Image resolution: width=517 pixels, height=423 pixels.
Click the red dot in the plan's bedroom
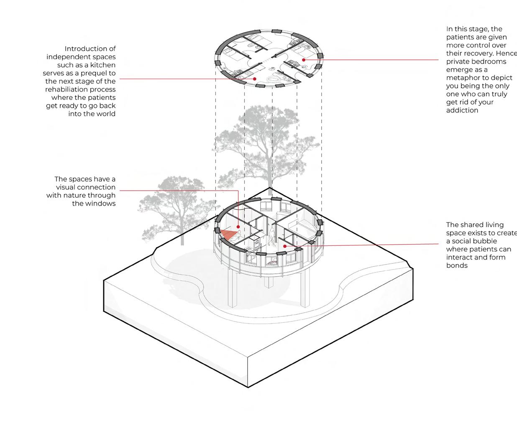[304, 60]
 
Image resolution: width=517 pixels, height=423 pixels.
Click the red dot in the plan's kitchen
[255, 79]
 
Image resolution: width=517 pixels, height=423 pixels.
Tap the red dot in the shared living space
[285, 246]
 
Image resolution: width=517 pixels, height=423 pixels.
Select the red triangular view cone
[228, 234]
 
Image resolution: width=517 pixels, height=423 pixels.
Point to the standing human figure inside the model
[272, 236]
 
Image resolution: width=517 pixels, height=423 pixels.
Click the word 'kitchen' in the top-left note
[103, 65]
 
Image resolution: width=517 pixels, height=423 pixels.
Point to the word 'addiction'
[462, 110]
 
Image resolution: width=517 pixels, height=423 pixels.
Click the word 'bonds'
[457, 265]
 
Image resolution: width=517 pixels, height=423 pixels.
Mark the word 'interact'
[459, 257]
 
